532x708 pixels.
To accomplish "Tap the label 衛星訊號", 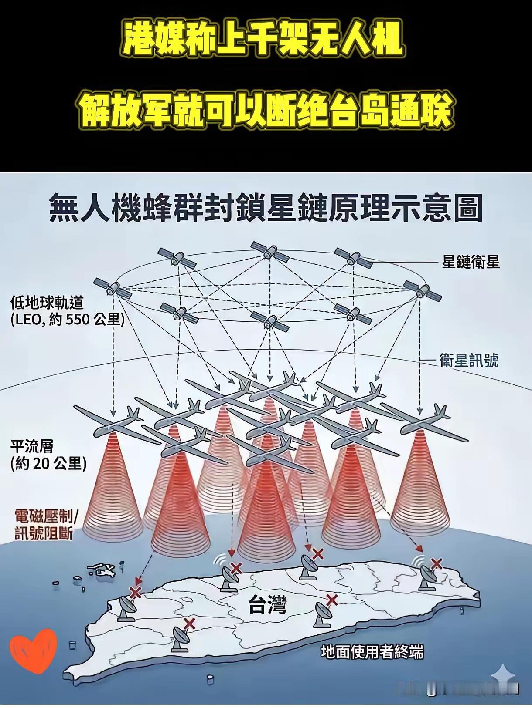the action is (x=469, y=361).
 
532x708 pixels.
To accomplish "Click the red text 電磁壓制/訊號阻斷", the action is (x=46, y=525).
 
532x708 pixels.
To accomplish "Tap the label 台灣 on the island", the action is (x=267, y=605).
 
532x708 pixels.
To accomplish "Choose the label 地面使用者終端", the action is (x=372, y=652).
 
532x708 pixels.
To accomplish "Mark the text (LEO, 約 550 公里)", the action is (x=68, y=320).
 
